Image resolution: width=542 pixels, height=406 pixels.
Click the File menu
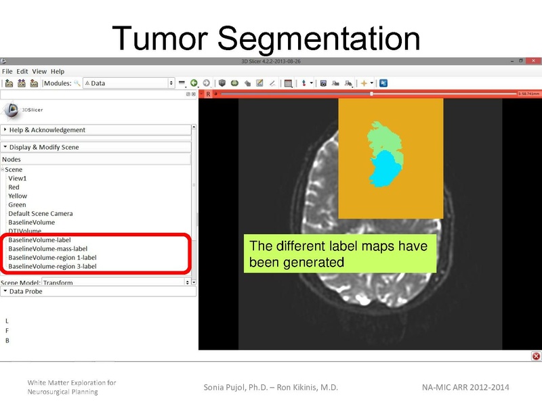pyautogui.click(x=7, y=71)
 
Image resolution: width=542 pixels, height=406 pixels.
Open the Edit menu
pyautogui.click(x=23, y=71)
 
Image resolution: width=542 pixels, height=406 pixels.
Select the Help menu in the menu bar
pyautogui.click(x=58, y=71)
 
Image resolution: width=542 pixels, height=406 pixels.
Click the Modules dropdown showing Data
pyautogui.click(x=129, y=83)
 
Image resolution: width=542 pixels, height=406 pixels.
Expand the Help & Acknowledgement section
pyautogui.click(x=47, y=130)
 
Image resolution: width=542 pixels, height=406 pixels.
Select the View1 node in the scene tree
pyautogui.click(x=18, y=179)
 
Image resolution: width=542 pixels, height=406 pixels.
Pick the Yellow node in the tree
pyautogui.click(x=18, y=196)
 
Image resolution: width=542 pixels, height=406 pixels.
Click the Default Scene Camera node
pyautogui.click(x=40, y=214)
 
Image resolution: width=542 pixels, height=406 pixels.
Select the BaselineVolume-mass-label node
pyautogui.click(x=47, y=248)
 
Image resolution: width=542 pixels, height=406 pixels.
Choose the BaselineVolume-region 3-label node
pyautogui.click(x=52, y=266)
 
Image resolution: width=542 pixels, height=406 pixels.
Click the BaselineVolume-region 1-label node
pyautogui.click(x=52, y=257)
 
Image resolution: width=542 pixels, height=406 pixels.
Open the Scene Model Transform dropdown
pyautogui.click(x=115, y=282)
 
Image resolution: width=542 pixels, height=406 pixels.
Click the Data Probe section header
pyautogui.click(x=27, y=292)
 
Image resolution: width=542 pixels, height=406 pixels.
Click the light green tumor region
pyautogui.click(x=383, y=139)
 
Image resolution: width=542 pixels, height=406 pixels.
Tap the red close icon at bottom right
pyautogui.click(x=536, y=356)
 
